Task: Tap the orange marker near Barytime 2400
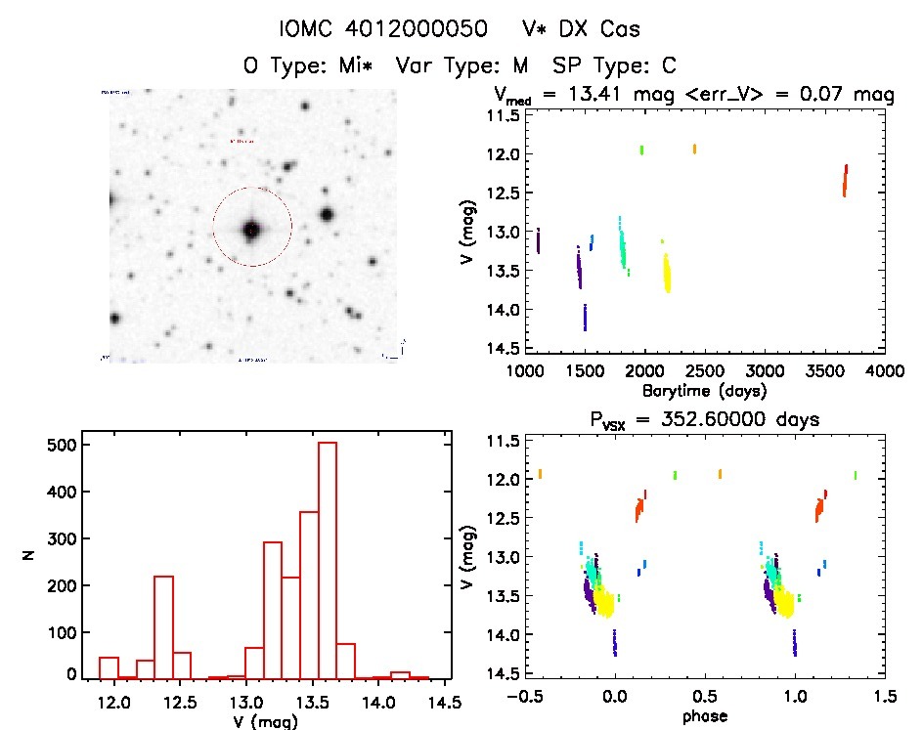click(694, 149)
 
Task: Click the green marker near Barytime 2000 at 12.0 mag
click(641, 150)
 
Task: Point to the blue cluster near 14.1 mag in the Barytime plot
click(585, 318)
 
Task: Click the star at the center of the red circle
click(252, 230)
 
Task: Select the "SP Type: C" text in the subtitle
click(615, 65)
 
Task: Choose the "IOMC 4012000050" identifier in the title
click(383, 29)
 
